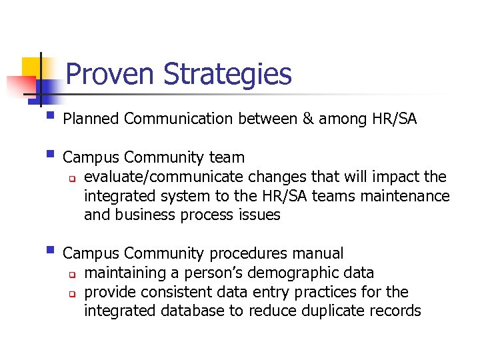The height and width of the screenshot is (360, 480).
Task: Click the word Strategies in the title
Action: (227, 75)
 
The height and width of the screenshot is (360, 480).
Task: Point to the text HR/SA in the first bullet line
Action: (395, 119)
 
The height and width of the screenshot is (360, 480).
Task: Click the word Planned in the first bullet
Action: (90, 119)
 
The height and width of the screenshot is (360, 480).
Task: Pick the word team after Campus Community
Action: (226, 158)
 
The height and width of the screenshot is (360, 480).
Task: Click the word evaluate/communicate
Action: (163, 177)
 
